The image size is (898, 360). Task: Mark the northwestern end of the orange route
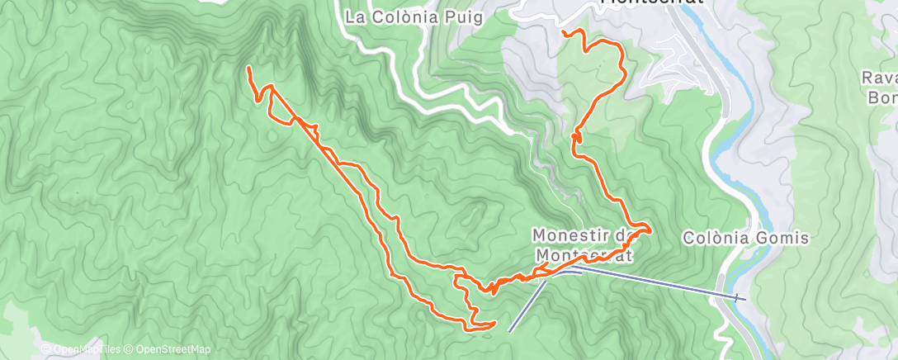249,68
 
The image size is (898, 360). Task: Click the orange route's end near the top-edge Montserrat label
563,32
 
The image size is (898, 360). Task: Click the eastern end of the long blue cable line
744,297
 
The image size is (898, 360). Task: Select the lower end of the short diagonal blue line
509,331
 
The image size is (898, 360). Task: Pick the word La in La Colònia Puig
355,17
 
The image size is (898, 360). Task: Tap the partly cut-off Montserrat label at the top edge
652,2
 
